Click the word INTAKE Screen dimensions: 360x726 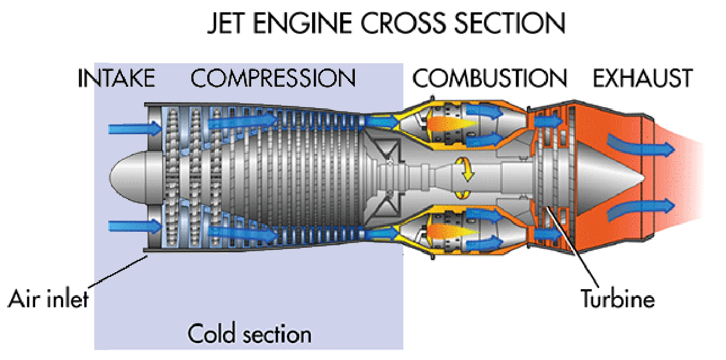tap(117, 78)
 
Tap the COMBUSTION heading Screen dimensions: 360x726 tap(490, 78)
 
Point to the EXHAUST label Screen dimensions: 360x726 tap(642, 78)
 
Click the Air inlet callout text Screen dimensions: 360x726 tap(48, 299)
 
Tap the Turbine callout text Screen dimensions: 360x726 tap(617, 299)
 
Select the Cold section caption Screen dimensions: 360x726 tap(249, 334)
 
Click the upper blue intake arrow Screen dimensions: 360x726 tap(134, 128)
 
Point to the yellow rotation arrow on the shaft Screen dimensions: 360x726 tap(465, 170)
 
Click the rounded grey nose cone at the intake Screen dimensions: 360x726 tap(126, 176)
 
